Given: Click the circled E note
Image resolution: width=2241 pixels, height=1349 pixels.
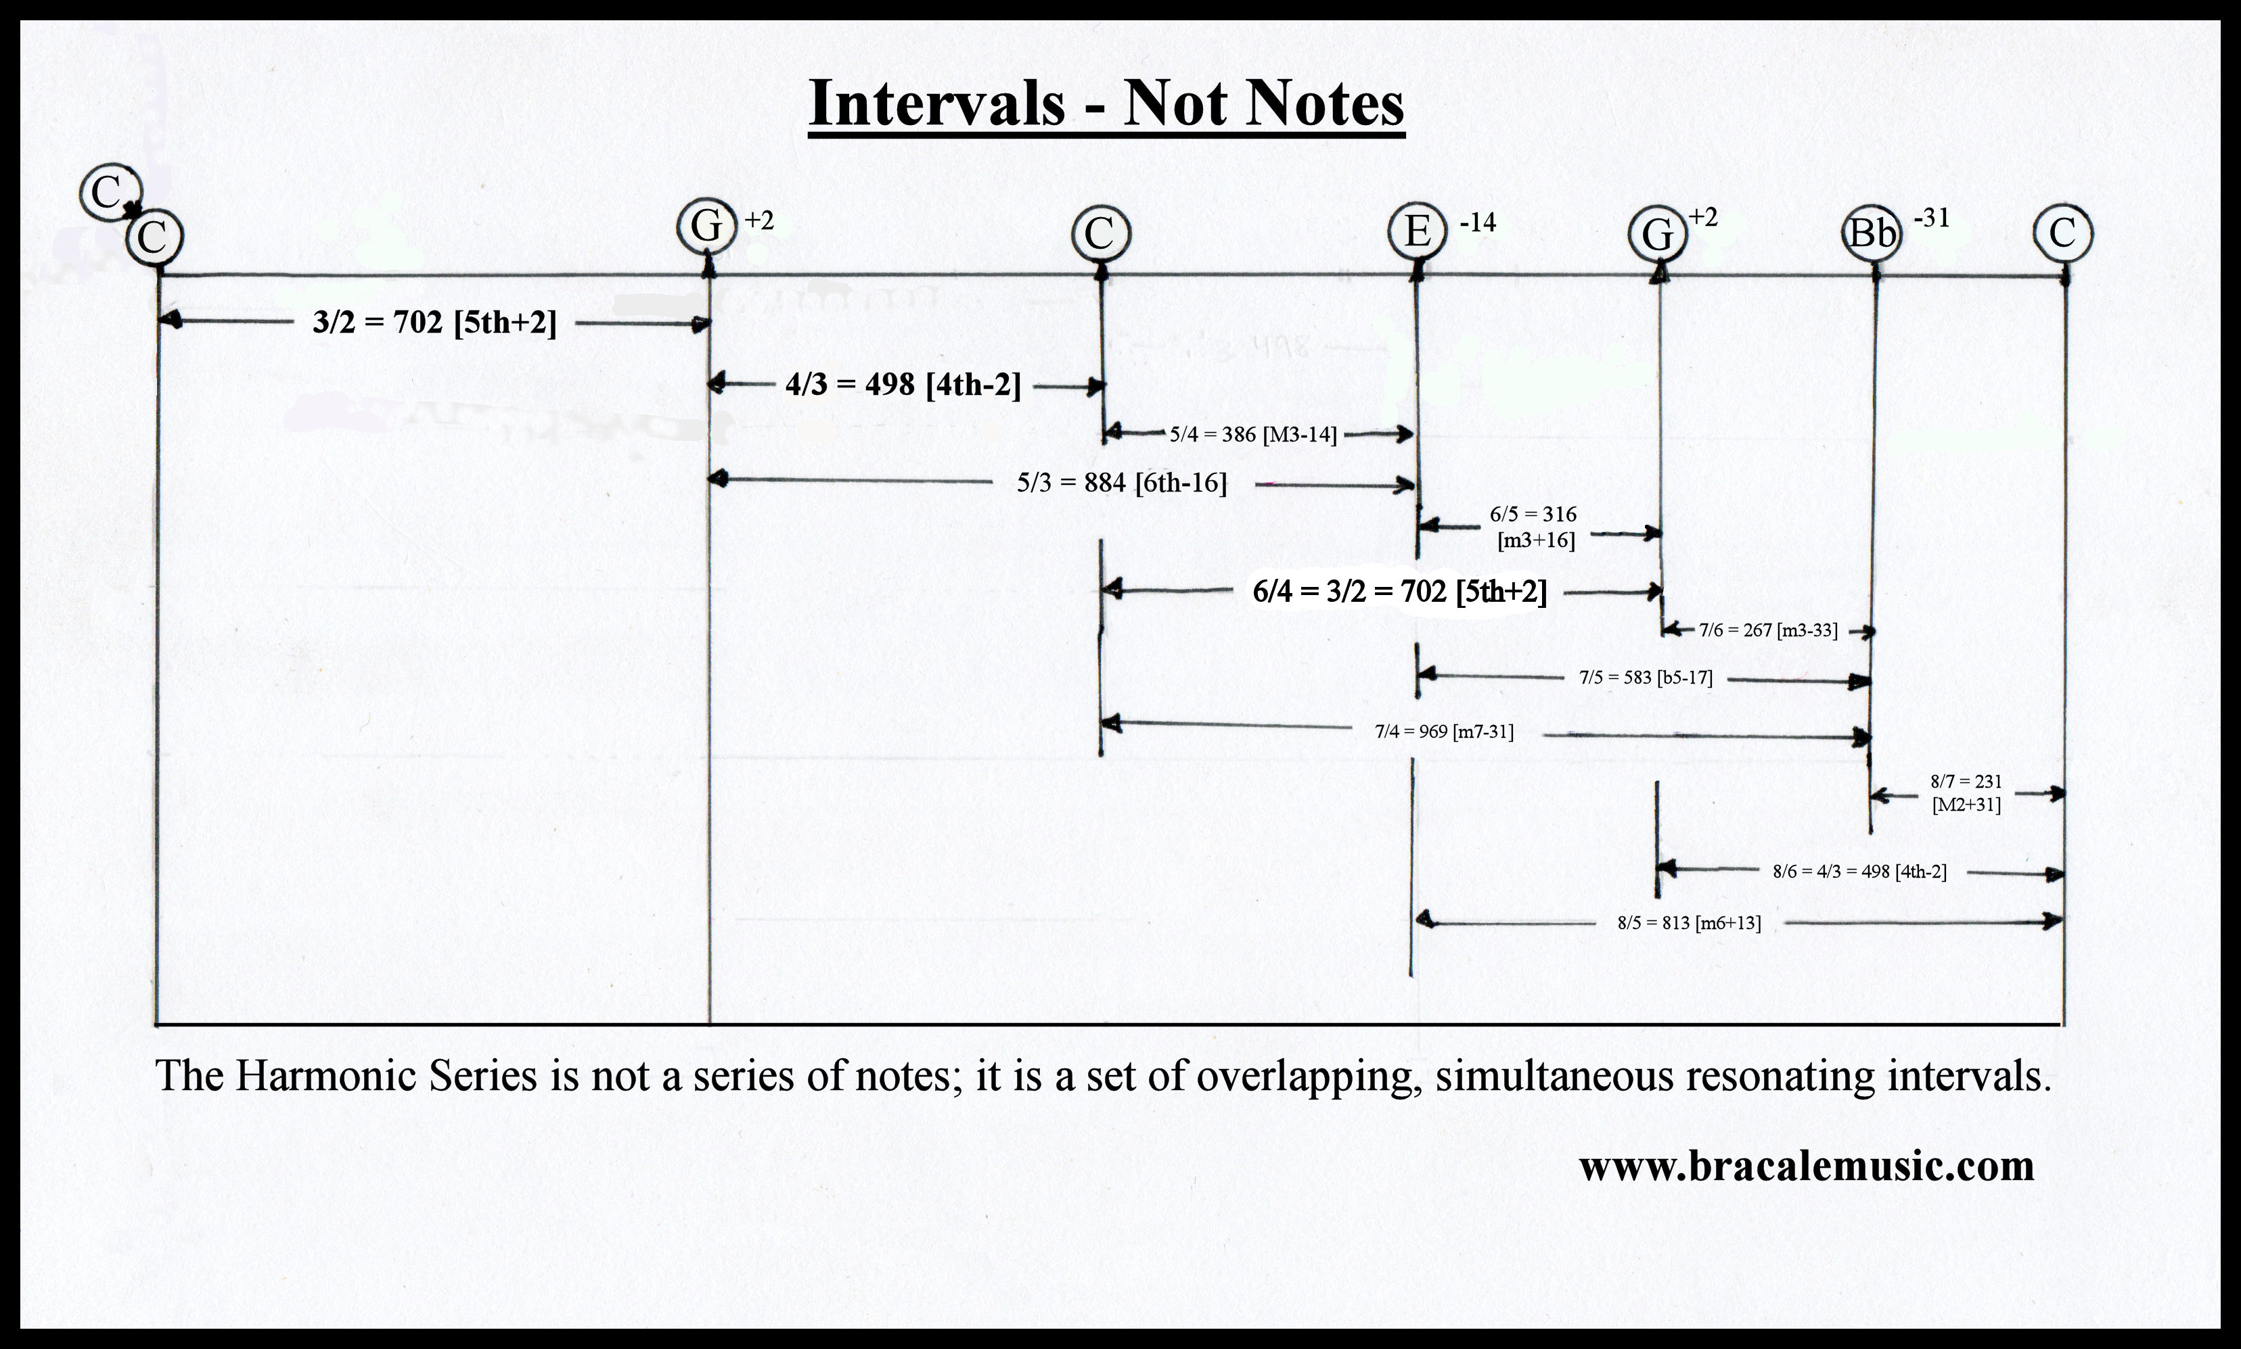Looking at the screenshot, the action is (1417, 233).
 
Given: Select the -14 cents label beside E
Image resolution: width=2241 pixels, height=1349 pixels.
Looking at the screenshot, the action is (1478, 222).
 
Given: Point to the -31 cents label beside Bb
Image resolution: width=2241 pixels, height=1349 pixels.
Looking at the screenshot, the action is (1932, 218).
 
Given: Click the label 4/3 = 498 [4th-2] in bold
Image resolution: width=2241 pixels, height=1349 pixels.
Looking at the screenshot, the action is (903, 385).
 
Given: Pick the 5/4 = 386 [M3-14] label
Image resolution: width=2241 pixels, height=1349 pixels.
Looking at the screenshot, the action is (1253, 435).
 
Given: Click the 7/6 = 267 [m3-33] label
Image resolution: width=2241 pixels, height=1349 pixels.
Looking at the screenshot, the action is (1768, 630).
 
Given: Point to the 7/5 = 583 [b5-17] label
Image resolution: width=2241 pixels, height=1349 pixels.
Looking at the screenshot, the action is (1646, 678).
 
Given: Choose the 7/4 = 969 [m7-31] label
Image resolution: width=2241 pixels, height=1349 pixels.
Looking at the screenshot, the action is (1445, 731).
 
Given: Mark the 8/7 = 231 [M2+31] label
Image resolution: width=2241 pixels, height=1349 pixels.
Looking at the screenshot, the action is (1966, 792).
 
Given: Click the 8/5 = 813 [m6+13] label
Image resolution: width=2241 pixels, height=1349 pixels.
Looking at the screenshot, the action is (1689, 924).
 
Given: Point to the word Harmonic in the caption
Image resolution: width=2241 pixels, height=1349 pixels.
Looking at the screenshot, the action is (325, 1076).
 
